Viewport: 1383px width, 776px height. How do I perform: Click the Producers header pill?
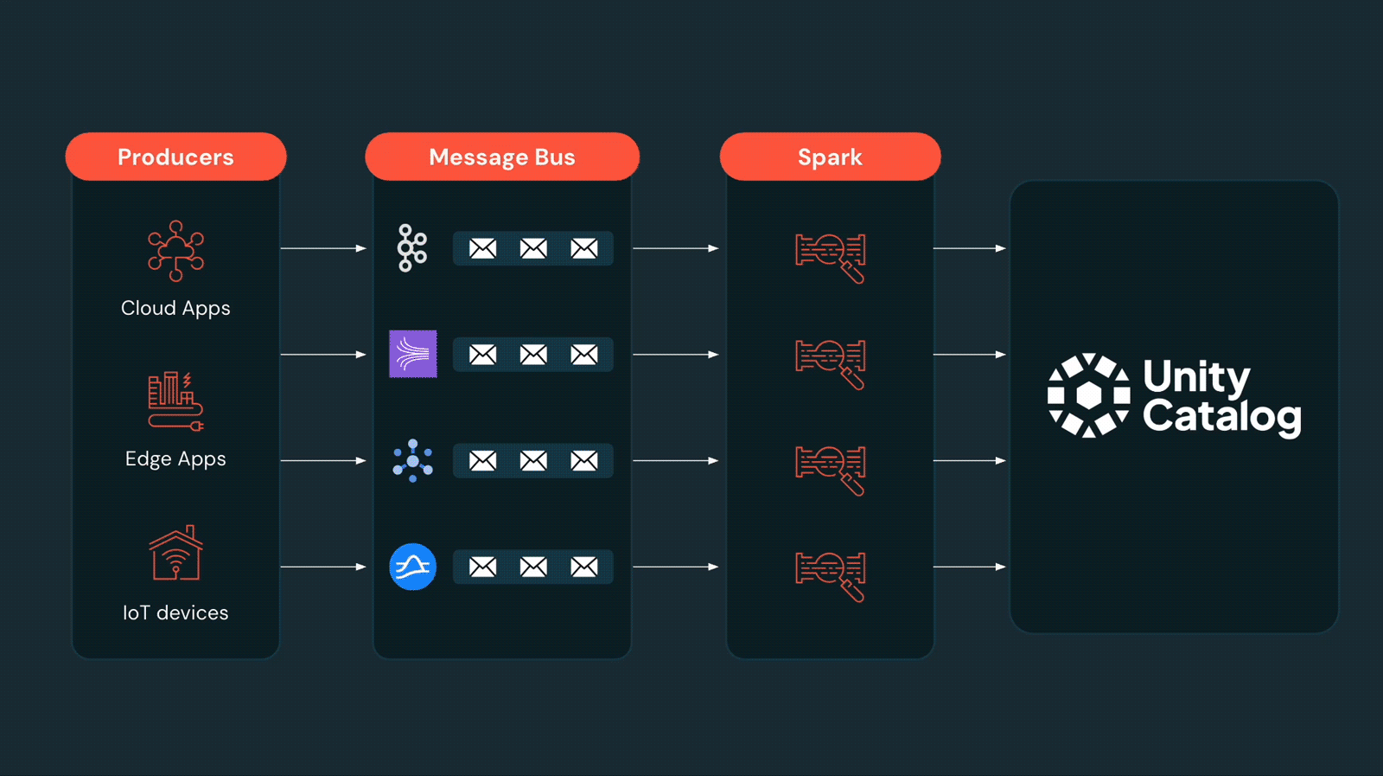pyautogui.click(x=175, y=157)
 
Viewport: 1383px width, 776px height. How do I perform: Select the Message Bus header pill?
pyautogui.click(x=501, y=157)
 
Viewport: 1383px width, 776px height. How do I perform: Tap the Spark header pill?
pyautogui.click(x=830, y=157)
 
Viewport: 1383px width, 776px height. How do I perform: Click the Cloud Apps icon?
pyautogui.click(x=175, y=251)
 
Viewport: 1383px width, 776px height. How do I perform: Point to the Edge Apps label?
pyautogui.click(x=175, y=459)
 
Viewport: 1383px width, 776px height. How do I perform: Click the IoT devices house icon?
pyautogui.click(x=175, y=553)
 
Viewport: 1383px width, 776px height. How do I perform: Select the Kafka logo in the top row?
pyautogui.click(x=412, y=248)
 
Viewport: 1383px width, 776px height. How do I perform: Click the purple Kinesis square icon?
pyautogui.click(x=413, y=354)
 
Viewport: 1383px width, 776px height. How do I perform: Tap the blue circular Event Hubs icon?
pyautogui.click(x=413, y=567)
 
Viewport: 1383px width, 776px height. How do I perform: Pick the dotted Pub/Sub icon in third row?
pyautogui.click(x=413, y=460)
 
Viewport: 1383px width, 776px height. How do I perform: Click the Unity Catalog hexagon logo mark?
pyautogui.click(x=1088, y=395)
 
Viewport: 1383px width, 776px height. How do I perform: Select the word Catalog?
pyautogui.click(x=1221, y=416)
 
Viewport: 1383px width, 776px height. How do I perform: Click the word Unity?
pyautogui.click(x=1196, y=376)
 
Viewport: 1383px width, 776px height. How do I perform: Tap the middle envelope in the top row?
pyautogui.click(x=533, y=249)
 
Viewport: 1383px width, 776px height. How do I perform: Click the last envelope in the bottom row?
pyautogui.click(x=584, y=567)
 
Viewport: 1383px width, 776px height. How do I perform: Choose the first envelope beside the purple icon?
pyautogui.click(x=482, y=355)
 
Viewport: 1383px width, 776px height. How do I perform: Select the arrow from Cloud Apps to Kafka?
pyautogui.click(x=323, y=248)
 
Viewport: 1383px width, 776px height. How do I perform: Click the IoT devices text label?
pyautogui.click(x=175, y=612)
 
